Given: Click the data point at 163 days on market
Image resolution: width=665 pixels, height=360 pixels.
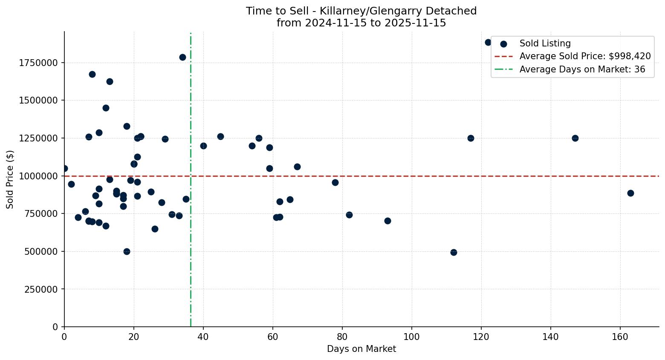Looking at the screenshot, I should click(630, 193).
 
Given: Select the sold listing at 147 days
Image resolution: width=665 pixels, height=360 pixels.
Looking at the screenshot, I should click(575, 138).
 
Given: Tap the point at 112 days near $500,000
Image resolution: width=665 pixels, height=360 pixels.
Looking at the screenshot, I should click(454, 252).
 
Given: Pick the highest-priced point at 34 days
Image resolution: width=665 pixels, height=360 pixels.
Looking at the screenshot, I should click(182, 57).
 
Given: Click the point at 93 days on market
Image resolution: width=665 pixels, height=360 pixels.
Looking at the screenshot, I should click(387, 221).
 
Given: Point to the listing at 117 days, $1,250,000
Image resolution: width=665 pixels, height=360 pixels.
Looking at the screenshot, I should click(471, 138).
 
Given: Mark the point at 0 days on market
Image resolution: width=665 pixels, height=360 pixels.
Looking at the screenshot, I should click(64, 168).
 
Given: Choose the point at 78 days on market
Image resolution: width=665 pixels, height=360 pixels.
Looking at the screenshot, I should click(335, 182).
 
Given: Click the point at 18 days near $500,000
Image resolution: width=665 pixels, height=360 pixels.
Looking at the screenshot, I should click(127, 251).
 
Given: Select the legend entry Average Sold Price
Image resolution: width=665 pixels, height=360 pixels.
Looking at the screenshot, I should click(585, 56).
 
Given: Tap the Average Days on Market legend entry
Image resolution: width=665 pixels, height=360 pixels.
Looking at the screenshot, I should click(582, 69).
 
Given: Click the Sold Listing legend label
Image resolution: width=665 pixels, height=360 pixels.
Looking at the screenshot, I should click(545, 43).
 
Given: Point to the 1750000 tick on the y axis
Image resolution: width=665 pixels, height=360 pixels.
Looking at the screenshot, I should click(38, 63).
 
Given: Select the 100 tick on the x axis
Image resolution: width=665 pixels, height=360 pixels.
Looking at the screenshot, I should click(412, 337).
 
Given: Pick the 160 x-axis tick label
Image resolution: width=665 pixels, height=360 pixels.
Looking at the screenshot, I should click(620, 337).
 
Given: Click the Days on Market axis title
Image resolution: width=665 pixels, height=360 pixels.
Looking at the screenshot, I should click(361, 349).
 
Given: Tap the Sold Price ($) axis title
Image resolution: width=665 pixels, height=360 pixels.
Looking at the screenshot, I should click(10, 179).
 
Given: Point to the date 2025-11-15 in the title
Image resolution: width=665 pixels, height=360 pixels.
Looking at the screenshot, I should click(415, 23).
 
